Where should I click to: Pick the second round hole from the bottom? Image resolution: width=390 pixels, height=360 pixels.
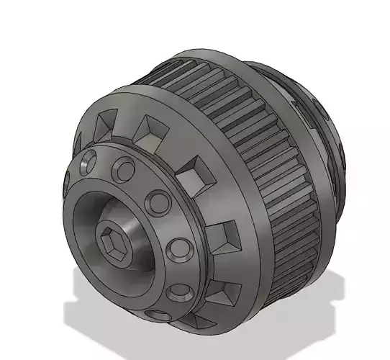point(179,292)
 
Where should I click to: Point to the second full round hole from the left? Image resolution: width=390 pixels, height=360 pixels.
point(124,170)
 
